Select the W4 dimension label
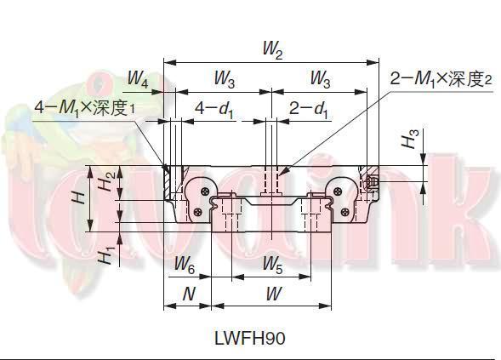[138, 81]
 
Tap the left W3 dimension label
[224, 81]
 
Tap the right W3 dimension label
[321, 81]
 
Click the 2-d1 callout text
[307, 109]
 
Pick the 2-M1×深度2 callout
[441, 79]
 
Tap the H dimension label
[78, 197]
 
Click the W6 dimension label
[185, 266]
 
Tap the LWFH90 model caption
[249, 337]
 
